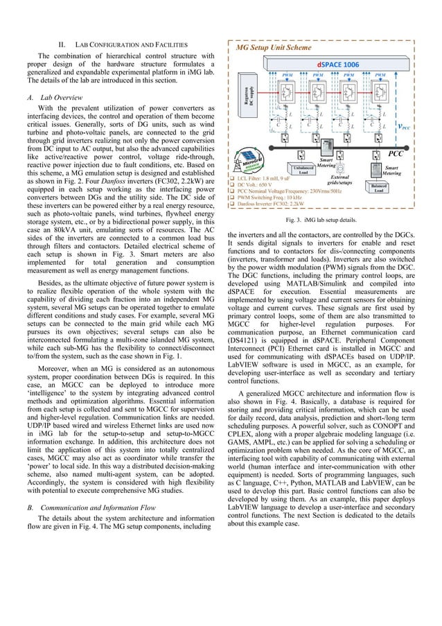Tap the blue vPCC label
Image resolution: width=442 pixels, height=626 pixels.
tap(401, 126)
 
